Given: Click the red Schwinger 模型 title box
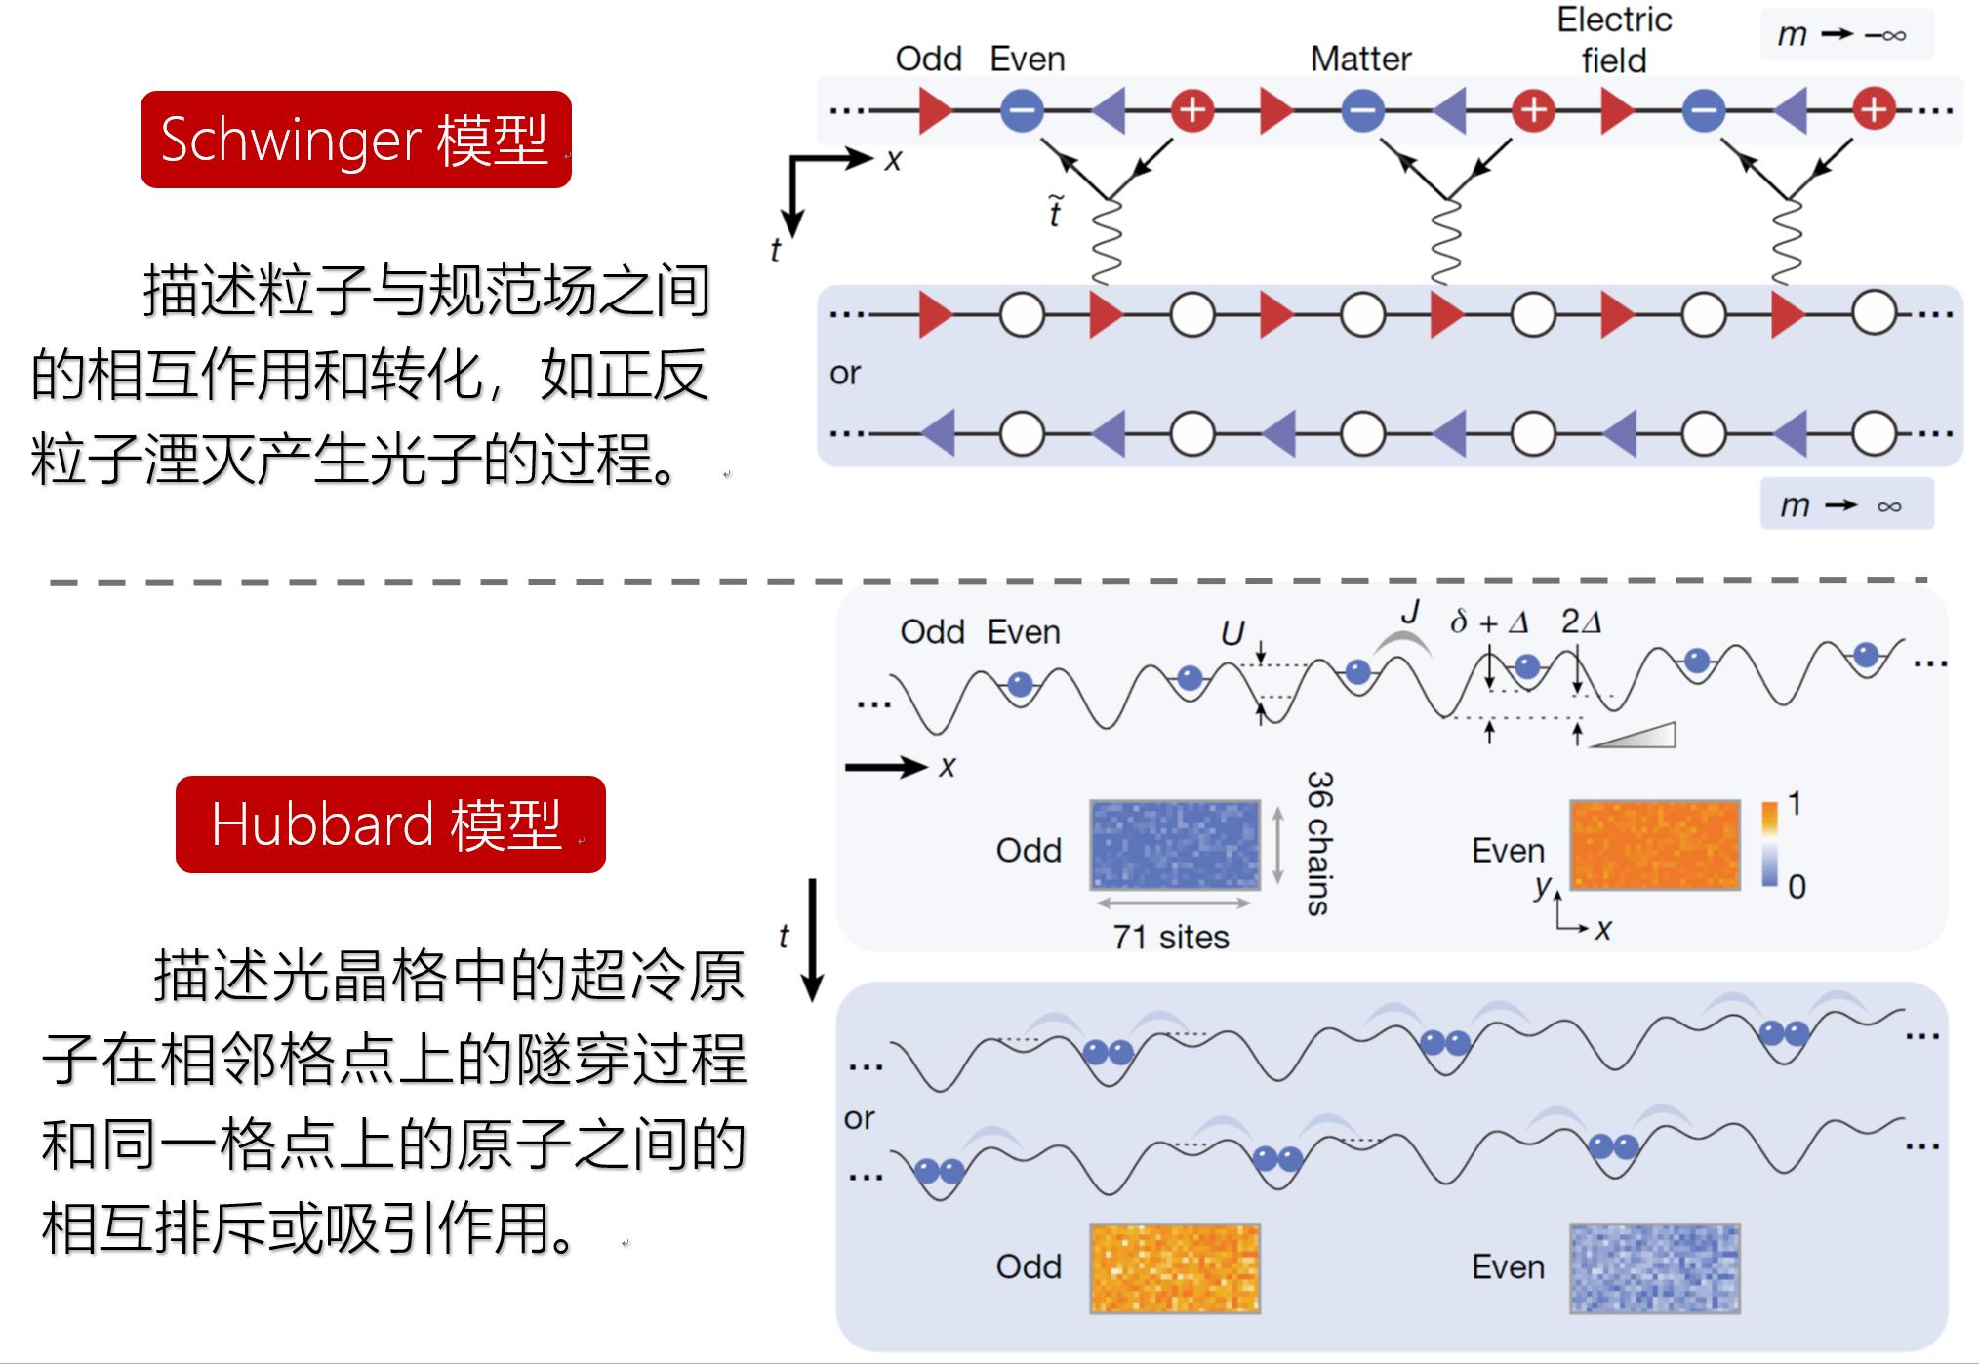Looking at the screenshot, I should point(355,140).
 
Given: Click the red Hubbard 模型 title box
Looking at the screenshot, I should point(390,824).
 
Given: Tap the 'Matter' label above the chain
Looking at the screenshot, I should point(1360,60).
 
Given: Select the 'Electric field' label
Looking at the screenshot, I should point(1614,40).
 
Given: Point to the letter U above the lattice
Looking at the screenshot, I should point(1232,634).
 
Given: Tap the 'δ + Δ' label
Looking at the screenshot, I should point(1489,622).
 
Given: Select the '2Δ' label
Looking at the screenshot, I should point(1581,622).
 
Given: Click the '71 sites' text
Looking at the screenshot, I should point(1171,937).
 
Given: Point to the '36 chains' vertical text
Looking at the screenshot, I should point(1319,843).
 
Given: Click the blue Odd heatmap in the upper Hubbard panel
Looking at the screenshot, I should point(1175,845).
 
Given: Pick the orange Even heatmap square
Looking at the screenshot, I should point(1655,845).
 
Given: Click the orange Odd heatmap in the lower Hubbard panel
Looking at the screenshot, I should point(1175,1267).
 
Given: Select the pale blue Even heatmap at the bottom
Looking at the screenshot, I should point(1655,1267).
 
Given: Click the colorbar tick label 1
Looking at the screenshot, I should point(1795,804).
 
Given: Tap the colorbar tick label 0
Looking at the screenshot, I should point(1797,887).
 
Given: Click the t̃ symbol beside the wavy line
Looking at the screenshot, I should point(1056,212).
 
